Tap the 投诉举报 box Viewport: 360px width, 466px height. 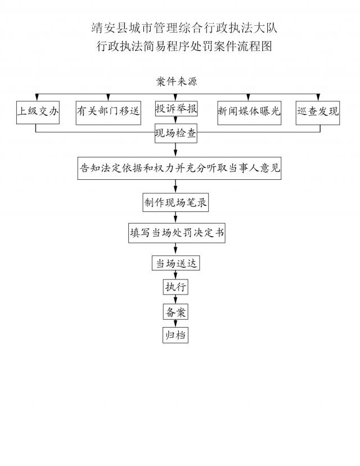pyautogui.click(x=176, y=109)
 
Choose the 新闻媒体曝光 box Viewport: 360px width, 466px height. pyautogui.click(x=249, y=111)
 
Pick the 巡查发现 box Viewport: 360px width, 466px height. pyautogui.click(x=318, y=111)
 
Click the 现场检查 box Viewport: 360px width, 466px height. pyautogui.click(x=176, y=135)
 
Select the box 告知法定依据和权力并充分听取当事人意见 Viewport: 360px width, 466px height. pyautogui.click(x=179, y=168)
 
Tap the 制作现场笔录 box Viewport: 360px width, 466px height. pyautogui.click(x=176, y=203)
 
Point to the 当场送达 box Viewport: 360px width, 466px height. pyautogui.click(x=176, y=263)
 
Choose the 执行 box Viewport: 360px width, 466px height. pyautogui.click(x=175, y=287)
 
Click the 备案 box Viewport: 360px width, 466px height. pyautogui.click(x=175, y=311)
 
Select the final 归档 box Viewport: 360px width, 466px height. pyautogui.click(x=175, y=335)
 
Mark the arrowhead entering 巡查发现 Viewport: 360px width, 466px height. pyautogui.click(x=321, y=97)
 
